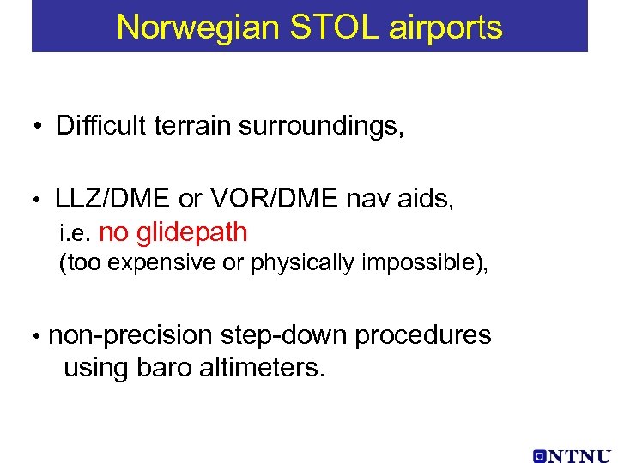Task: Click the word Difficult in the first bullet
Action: tap(96, 126)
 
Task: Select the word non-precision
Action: tap(130, 335)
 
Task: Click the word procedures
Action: tap(423, 335)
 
